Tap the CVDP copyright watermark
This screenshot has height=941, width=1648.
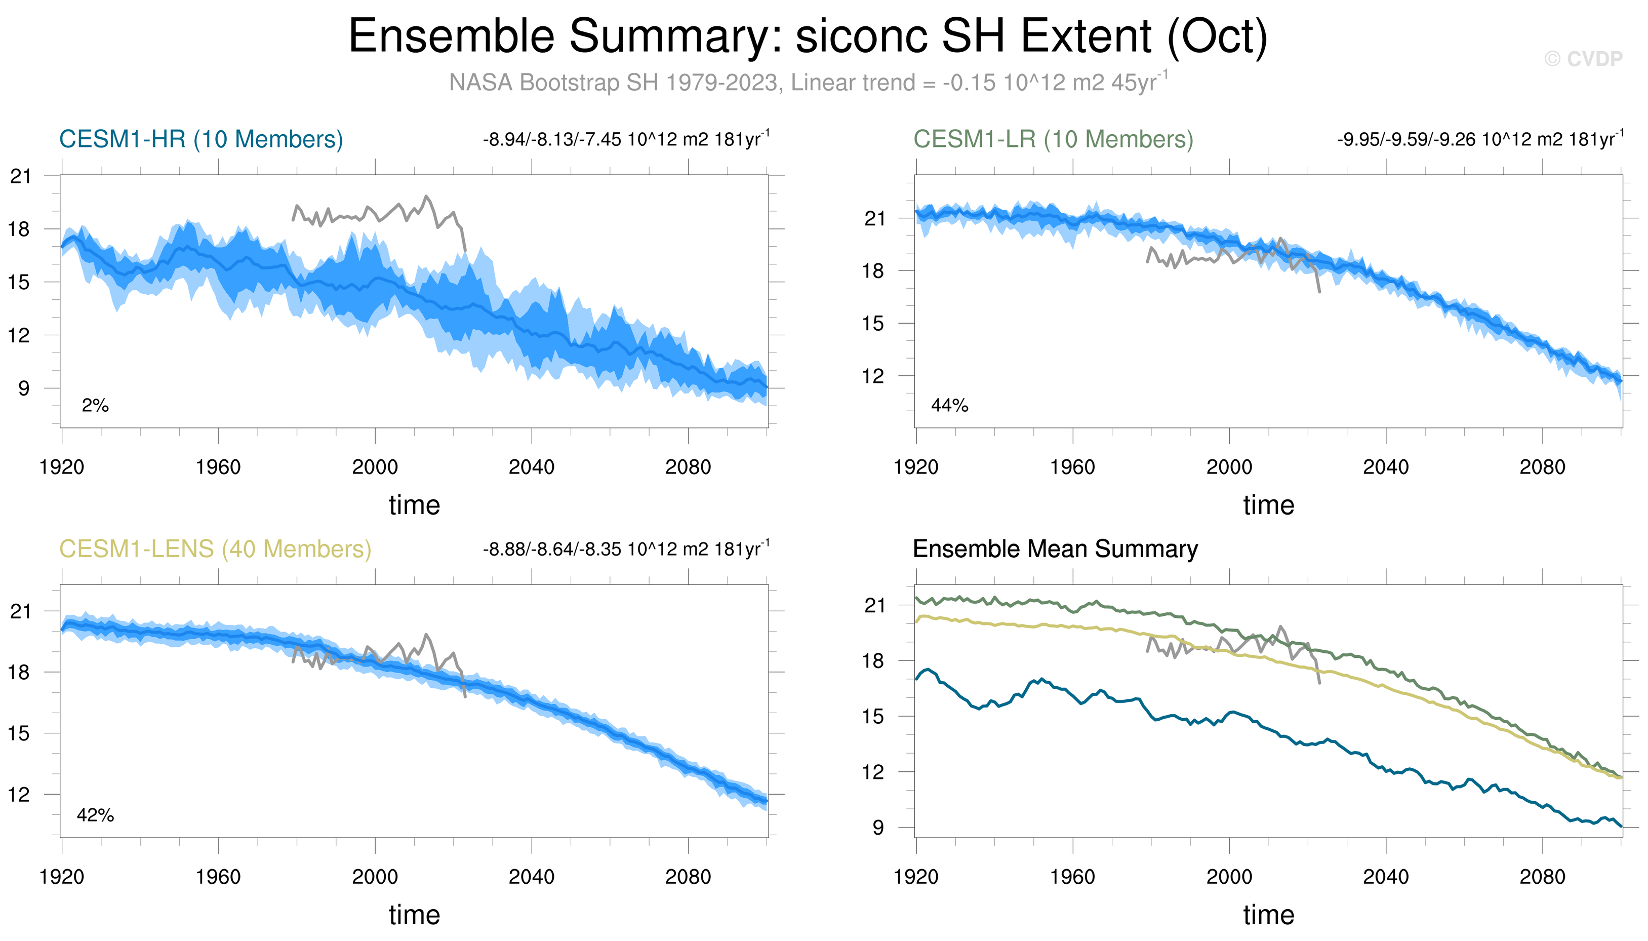[x=1583, y=59]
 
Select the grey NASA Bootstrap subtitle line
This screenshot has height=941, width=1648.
[x=808, y=83]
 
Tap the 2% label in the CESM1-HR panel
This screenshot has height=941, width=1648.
[x=95, y=406]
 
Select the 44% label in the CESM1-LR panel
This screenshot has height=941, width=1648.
[x=949, y=406]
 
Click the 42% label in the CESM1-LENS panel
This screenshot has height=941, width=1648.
[x=95, y=815]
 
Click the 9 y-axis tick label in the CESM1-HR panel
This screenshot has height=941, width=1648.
[x=24, y=388]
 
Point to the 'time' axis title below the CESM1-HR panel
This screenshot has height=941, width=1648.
[x=414, y=505]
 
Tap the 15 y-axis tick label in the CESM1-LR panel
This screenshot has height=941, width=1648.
[x=873, y=323]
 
